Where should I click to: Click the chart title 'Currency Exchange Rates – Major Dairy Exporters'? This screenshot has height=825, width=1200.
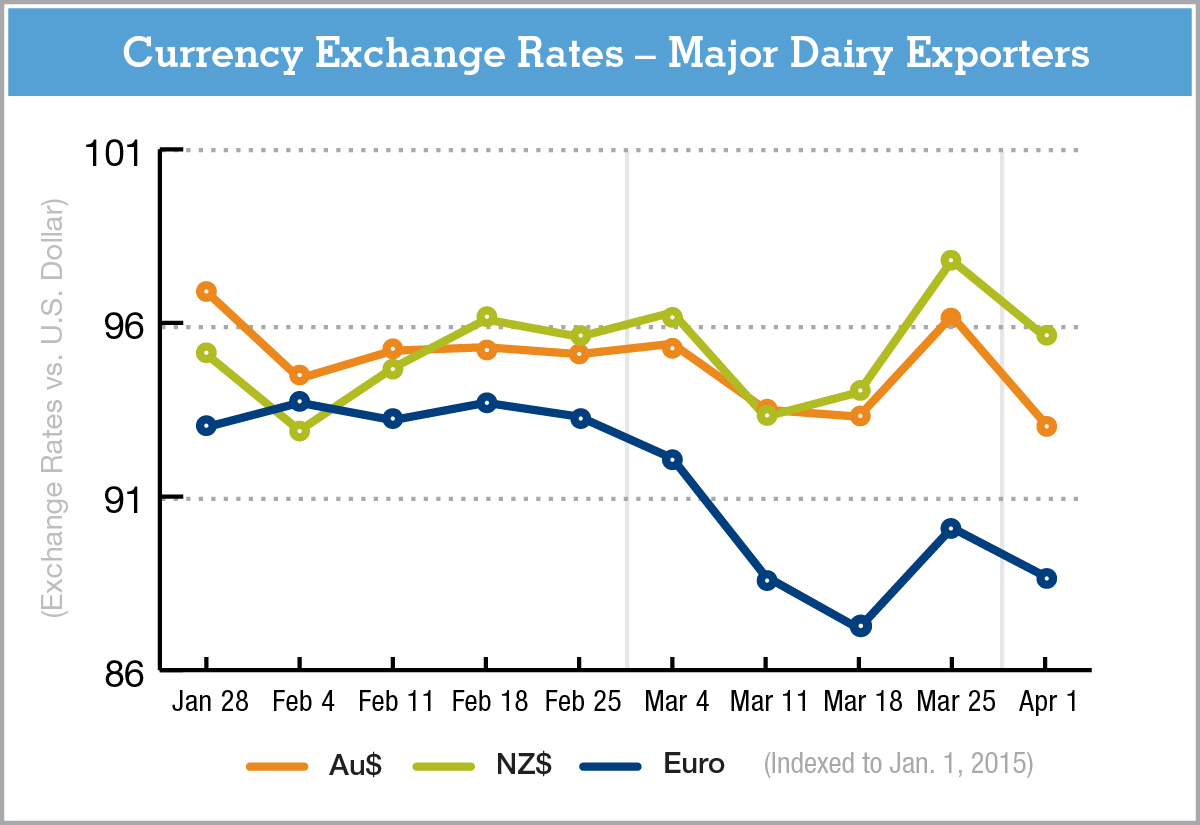click(x=605, y=53)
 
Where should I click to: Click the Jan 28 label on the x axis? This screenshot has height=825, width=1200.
click(x=209, y=702)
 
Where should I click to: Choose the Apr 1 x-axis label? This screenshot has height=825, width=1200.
click(x=1046, y=702)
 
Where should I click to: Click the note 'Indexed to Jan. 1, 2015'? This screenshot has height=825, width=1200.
click(x=898, y=765)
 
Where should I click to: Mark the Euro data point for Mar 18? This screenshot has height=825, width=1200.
click(x=860, y=626)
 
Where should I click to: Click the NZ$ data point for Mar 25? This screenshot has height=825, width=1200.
click(x=952, y=260)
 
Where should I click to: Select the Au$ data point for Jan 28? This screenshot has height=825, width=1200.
click(x=207, y=291)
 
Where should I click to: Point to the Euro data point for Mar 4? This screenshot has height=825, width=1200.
click(x=672, y=459)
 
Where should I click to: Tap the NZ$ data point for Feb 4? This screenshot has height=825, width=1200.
click(x=299, y=431)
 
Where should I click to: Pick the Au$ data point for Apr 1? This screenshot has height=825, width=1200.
click(x=1046, y=426)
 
